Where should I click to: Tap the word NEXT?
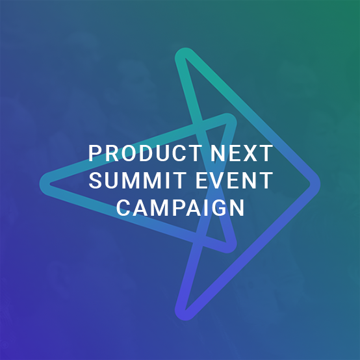pos(242,153)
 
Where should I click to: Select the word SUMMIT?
pos(138,181)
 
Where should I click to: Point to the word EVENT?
pos(235,181)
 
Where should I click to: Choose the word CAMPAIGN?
pos(181,208)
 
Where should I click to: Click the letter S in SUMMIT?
pos(96,181)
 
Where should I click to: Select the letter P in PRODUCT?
pos(95,153)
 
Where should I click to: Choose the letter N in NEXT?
pos(218,153)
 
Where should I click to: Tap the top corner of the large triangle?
pos(183,53)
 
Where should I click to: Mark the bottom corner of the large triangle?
pos(183,315)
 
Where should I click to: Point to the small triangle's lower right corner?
pos(230,248)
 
